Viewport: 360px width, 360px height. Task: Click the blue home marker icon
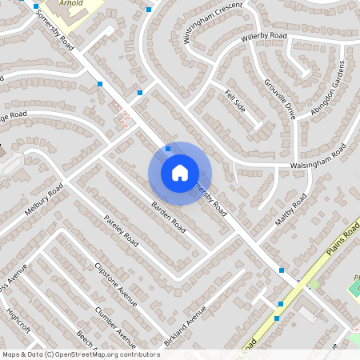tap(180, 172)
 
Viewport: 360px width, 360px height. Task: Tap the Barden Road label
tap(168, 217)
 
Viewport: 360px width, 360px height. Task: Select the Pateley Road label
tap(121, 230)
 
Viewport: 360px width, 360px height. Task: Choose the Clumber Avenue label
tap(115, 322)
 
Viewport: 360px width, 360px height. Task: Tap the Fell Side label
tap(235, 102)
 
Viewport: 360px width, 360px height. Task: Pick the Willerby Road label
tap(267, 37)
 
